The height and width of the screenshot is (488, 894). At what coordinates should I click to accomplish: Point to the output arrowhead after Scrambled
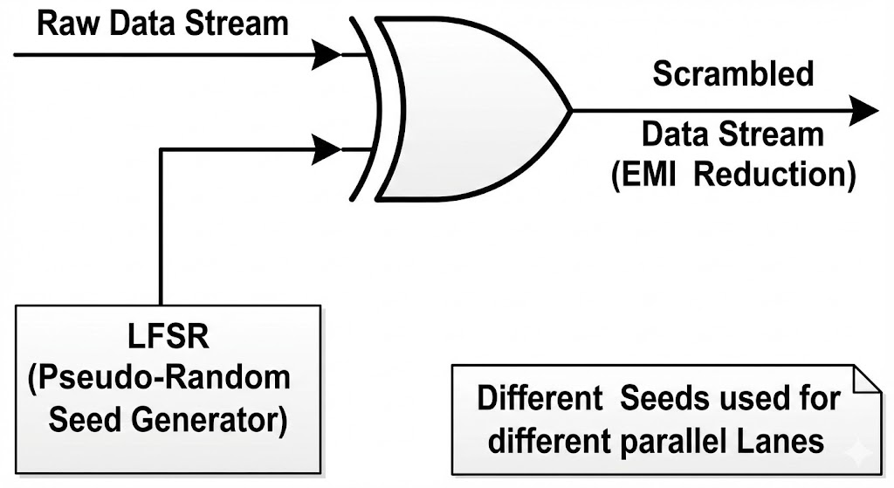tap(863, 110)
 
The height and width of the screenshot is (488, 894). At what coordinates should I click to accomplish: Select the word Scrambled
tap(733, 75)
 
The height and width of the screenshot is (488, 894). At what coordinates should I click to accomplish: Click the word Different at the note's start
tap(540, 398)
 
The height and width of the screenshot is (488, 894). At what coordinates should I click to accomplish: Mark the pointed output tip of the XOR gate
tap(571, 110)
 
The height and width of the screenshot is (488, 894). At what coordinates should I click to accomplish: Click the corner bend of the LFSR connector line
tap(162, 150)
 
